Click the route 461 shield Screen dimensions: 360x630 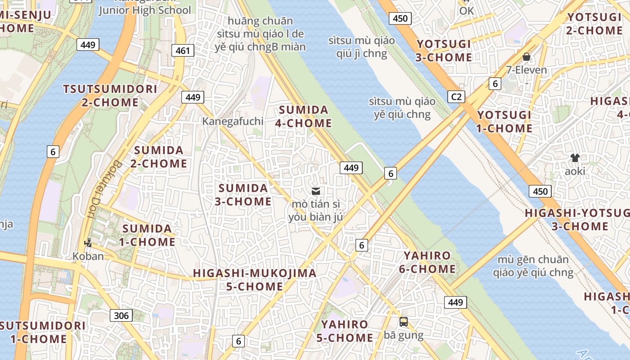point(183,50)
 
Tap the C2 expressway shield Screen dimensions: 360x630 point(456,97)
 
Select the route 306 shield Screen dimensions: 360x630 point(121,315)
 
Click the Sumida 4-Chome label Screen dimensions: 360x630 point(305,117)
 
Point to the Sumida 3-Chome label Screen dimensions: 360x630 point(243,194)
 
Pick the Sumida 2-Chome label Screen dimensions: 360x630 point(159,157)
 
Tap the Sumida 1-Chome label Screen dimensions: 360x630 point(147,235)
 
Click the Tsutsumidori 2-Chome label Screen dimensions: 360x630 point(110,95)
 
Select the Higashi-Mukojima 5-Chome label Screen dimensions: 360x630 point(255,279)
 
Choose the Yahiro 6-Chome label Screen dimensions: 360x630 point(427,262)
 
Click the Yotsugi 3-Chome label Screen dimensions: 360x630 point(444,51)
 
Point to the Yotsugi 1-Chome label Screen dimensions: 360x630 point(504,121)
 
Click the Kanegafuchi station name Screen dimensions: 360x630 point(232,121)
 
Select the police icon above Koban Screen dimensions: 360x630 point(88,243)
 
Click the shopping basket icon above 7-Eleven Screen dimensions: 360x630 point(526,57)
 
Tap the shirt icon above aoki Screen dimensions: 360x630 point(575,157)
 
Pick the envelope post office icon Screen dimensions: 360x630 point(316,191)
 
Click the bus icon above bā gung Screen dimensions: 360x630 point(404,322)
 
